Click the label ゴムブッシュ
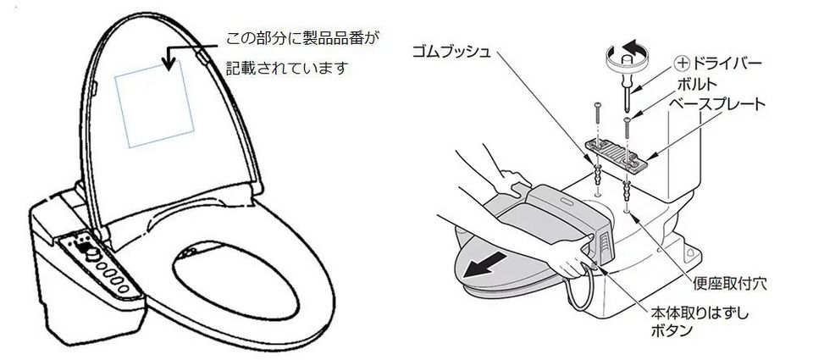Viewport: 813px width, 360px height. (x=451, y=53)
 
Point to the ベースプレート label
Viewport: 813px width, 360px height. (x=717, y=104)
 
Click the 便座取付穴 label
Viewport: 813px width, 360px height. (x=729, y=284)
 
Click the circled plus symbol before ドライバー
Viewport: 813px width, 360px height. (x=683, y=64)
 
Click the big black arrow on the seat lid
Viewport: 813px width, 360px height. (x=484, y=264)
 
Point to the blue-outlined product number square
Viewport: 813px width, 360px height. (x=154, y=103)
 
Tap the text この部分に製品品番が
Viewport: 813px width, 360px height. (x=303, y=38)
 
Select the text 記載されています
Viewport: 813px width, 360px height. (x=286, y=68)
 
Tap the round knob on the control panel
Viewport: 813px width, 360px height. (x=93, y=253)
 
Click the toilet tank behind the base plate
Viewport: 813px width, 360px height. (x=684, y=156)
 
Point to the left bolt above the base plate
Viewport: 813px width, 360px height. (x=598, y=120)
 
